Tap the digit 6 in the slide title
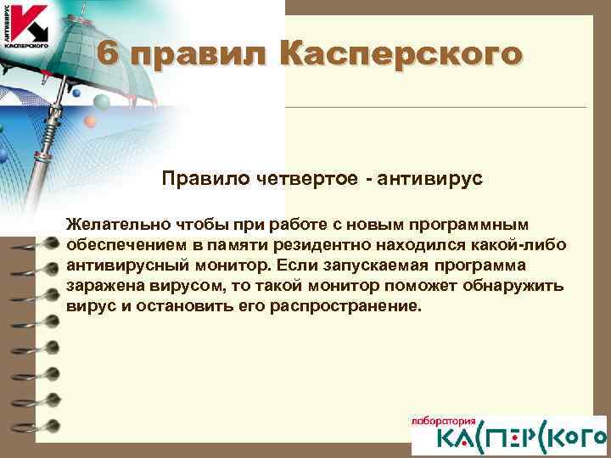(x=106, y=53)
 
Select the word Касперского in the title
(x=398, y=53)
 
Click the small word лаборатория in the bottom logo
(x=440, y=422)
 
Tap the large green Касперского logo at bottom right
(x=508, y=439)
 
